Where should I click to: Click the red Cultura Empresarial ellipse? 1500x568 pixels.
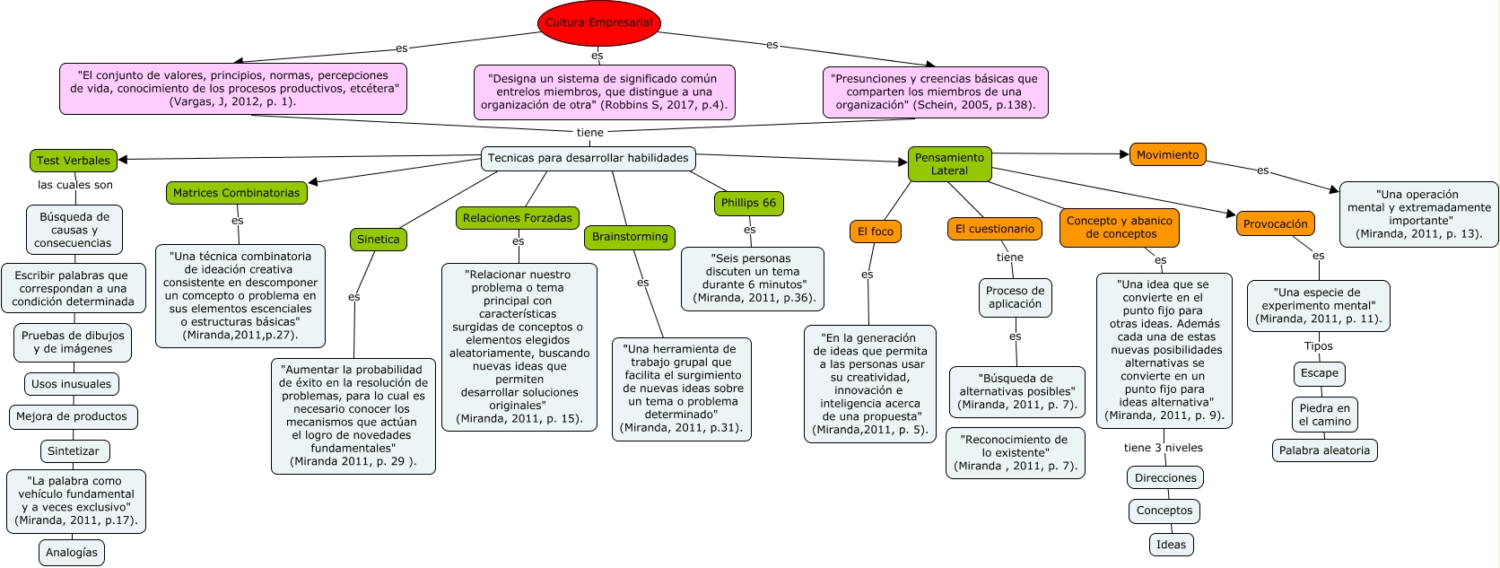pyautogui.click(x=598, y=23)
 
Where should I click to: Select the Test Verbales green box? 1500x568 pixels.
pyautogui.click(x=74, y=161)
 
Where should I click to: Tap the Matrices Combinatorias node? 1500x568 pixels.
pyautogui.click(x=236, y=193)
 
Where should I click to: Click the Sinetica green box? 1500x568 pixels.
pyautogui.click(x=378, y=240)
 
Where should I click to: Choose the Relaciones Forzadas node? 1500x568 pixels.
pyautogui.click(x=517, y=218)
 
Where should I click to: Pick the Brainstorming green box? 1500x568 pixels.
pyautogui.click(x=630, y=237)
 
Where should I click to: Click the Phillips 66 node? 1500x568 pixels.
pyautogui.click(x=748, y=203)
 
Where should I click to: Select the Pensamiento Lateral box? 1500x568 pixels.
pyautogui.click(x=949, y=164)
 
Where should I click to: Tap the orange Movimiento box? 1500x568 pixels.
pyautogui.click(x=1167, y=155)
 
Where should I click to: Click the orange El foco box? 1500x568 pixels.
pyautogui.click(x=875, y=232)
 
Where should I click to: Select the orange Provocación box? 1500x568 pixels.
pyautogui.click(x=1275, y=224)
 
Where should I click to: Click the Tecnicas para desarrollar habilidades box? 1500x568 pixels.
pyautogui.click(x=588, y=158)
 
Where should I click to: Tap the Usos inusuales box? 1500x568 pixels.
pyautogui.click(x=72, y=384)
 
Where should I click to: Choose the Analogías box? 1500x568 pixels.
pyautogui.click(x=72, y=553)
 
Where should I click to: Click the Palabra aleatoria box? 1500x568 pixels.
pyautogui.click(x=1324, y=450)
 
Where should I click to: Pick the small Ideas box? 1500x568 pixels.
pyautogui.click(x=1171, y=545)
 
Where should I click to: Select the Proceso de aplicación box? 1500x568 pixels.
pyautogui.click(x=1015, y=298)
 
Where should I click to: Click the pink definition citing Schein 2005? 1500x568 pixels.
pyautogui.click(x=935, y=92)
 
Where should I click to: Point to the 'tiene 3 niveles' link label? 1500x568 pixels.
pyautogui.click(x=1163, y=448)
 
